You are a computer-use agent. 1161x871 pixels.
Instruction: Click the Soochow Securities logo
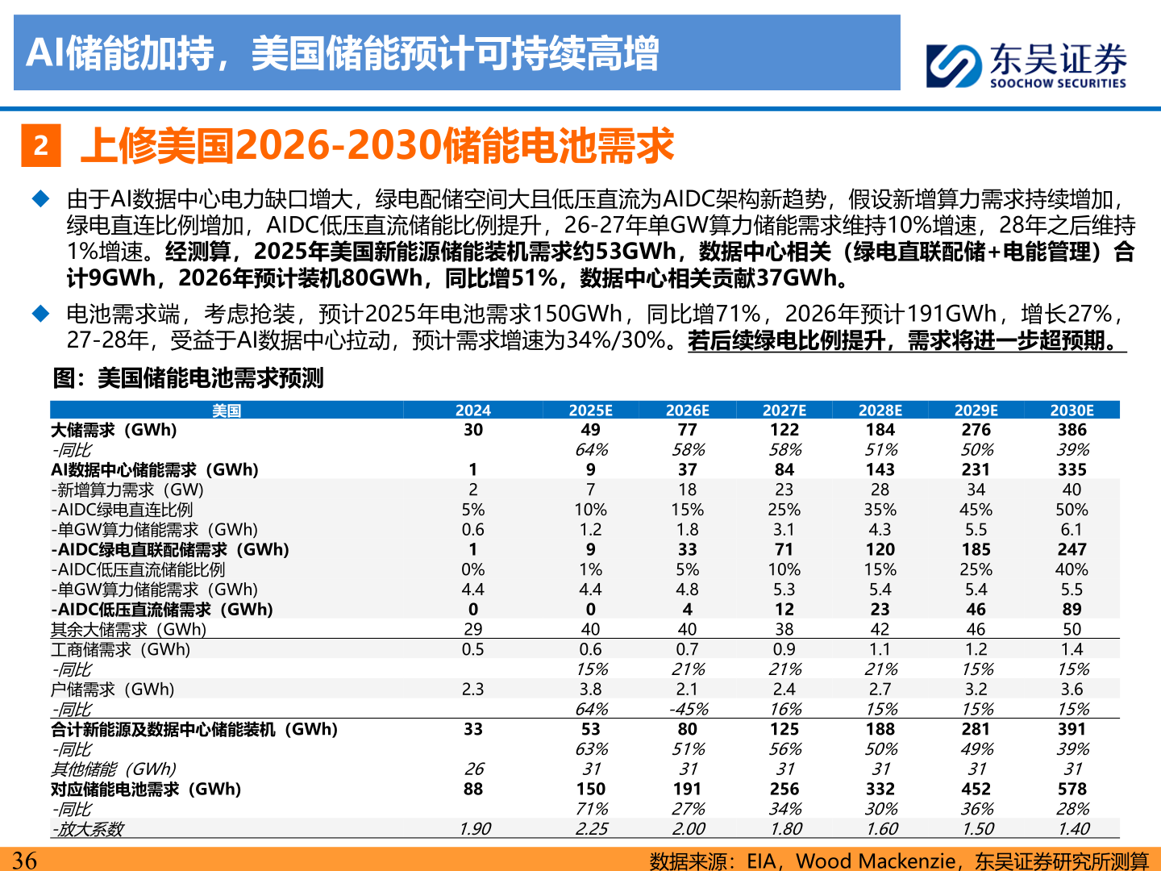point(1026,65)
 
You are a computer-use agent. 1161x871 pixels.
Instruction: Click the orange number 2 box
point(41,146)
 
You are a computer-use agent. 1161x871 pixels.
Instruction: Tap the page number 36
point(24,860)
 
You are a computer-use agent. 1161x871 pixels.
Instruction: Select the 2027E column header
point(784,410)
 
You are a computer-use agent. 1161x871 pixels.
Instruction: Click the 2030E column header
point(1072,410)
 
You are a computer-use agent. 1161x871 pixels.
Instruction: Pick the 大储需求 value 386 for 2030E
point(1072,430)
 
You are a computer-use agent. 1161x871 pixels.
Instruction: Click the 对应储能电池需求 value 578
point(1072,789)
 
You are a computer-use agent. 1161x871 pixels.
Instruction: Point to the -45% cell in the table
point(688,709)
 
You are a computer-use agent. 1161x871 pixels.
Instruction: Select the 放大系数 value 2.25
point(591,829)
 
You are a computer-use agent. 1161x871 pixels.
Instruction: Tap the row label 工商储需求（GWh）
point(121,649)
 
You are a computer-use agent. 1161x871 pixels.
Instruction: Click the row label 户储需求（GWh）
point(113,690)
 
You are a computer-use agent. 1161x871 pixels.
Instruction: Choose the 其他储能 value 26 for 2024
point(473,769)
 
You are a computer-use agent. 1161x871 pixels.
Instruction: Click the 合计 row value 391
point(1072,729)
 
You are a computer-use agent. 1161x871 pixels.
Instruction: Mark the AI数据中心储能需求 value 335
point(1072,469)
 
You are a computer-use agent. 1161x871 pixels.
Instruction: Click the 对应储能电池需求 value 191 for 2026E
point(688,789)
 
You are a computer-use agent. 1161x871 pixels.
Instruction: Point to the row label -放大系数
point(88,829)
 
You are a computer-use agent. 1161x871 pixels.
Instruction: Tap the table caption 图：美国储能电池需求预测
point(188,377)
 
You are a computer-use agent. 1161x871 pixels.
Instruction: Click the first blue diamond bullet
point(40,198)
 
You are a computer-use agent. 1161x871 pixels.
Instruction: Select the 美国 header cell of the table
point(227,410)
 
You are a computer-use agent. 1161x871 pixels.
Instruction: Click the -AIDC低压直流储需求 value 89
point(1072,610)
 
